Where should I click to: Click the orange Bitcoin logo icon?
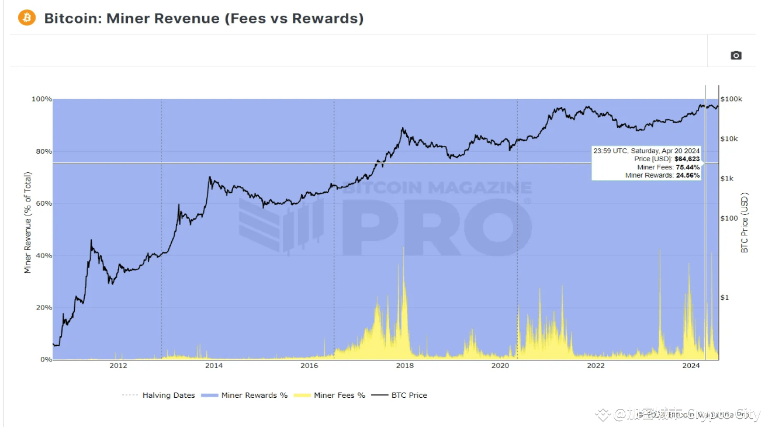click(27, 18)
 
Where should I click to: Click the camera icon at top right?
click(736, 55)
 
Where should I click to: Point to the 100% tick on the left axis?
click(41, 99)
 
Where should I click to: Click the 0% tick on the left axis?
click(46, 360)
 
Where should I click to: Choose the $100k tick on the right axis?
click(731, 99)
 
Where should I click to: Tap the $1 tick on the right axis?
click(725, 297)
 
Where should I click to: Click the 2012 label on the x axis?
click(118, 366)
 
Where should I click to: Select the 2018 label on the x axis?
click(405, 366)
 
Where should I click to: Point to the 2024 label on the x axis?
click(691, 366)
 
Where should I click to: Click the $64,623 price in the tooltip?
click(687, 159)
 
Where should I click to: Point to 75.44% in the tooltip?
click(688, 167)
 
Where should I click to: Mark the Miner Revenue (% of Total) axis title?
click(27, 223)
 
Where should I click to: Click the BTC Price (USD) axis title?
click(745, 223)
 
